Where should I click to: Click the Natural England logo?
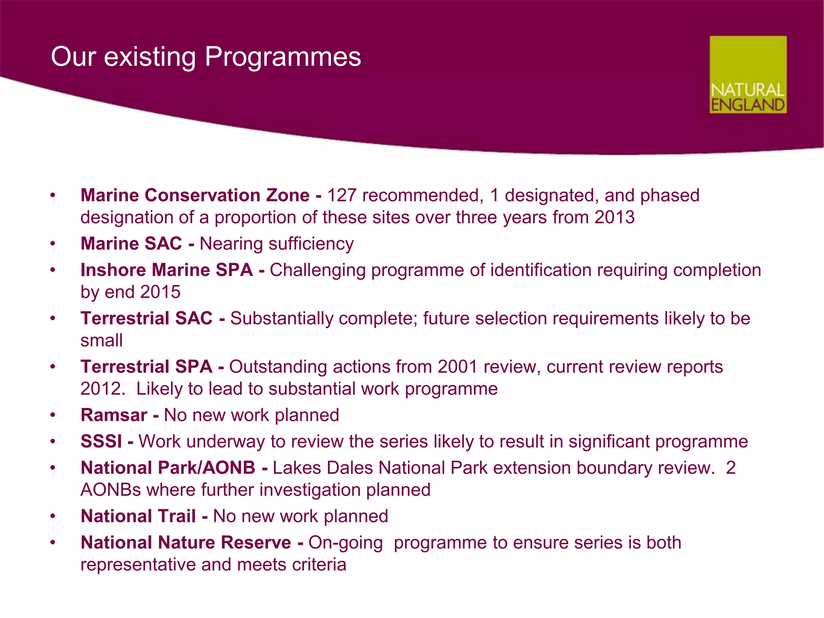748,75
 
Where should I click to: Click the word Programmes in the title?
283,57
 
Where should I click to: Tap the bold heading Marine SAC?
131,244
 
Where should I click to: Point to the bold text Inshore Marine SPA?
167,270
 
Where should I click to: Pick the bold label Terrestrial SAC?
146,319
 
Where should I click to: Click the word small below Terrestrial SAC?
101,341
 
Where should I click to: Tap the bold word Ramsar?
114,415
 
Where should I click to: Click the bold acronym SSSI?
101,442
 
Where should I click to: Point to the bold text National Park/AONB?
168,468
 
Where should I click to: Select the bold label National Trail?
138,517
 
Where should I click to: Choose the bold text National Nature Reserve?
185,543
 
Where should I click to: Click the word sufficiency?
311,244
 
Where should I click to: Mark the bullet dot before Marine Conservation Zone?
52,196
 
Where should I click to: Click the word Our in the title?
73,57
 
